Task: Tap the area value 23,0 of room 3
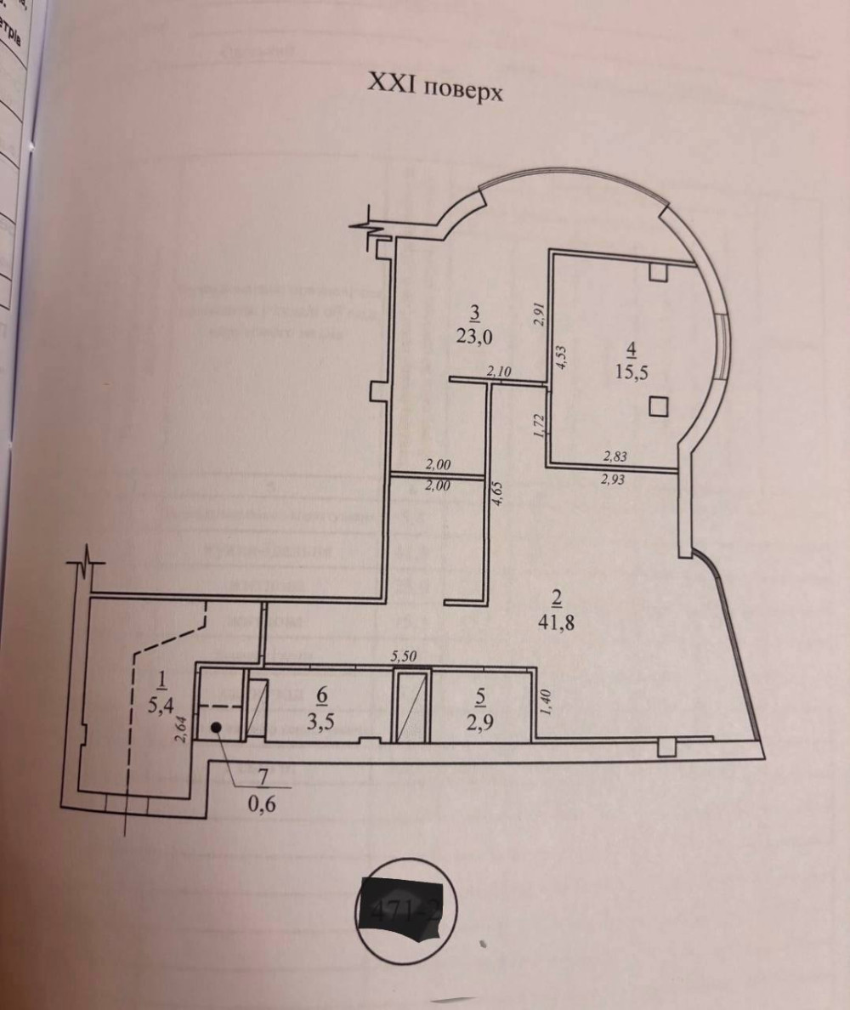(474, 336)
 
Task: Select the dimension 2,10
(499, 371)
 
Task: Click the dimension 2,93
(614, 479)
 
